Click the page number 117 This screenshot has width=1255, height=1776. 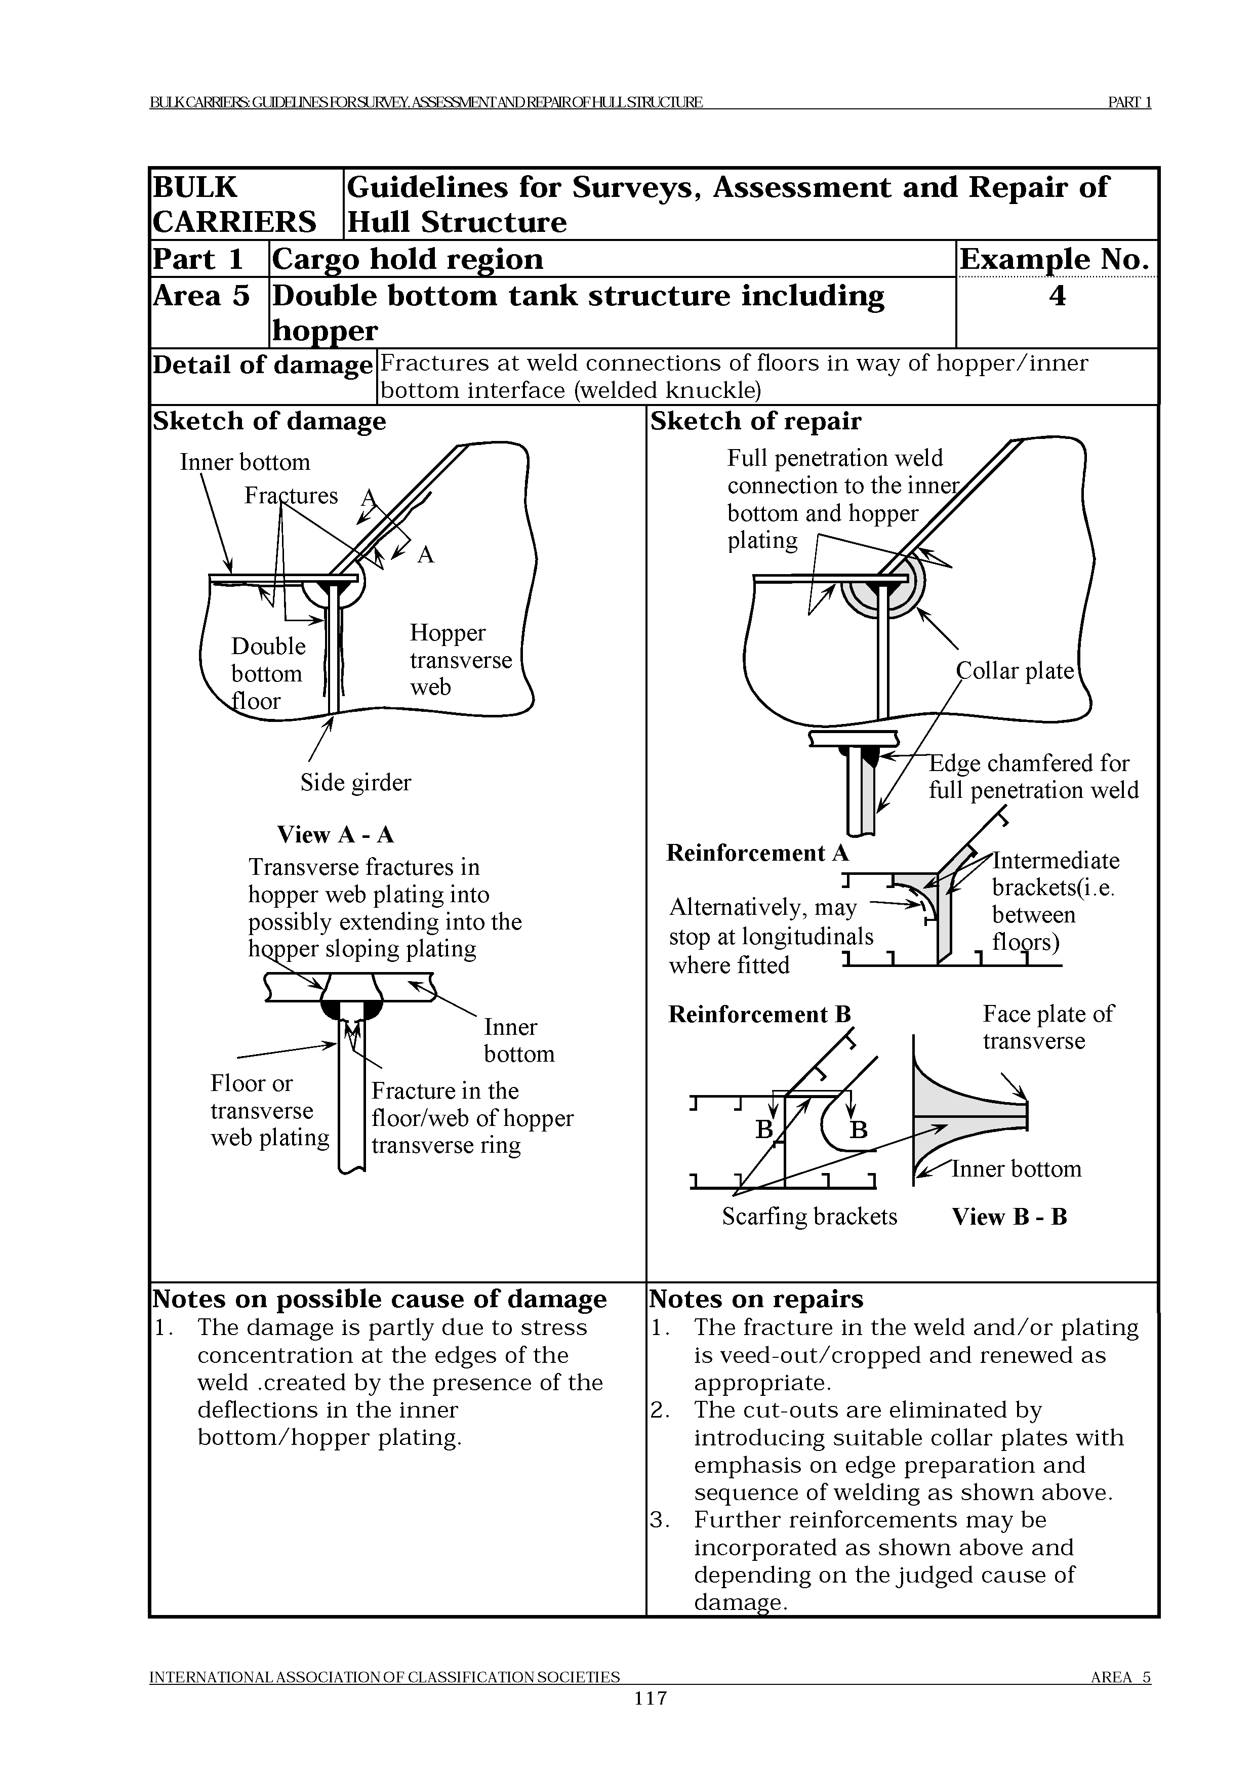(x=650, y=1698)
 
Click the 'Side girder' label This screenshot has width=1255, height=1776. (x=356, y=783)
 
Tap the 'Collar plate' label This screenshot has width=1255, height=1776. (x=1016, y=671)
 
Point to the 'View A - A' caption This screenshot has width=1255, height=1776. (x=336, y=835)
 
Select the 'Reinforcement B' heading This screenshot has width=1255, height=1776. (x=759, y=1014)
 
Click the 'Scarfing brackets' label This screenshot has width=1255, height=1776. (x=809, y=1217)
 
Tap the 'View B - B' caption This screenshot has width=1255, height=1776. (x=1009, y=1217)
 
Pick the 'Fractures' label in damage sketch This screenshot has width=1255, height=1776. (x=291, y=495)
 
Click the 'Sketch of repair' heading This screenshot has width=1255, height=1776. (x=755, y=422)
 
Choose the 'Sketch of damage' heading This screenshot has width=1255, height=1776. (x=269, y=422)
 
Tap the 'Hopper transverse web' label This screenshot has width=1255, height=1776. (x=461, y=660)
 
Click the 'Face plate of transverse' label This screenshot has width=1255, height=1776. (x=1048, y=1027)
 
